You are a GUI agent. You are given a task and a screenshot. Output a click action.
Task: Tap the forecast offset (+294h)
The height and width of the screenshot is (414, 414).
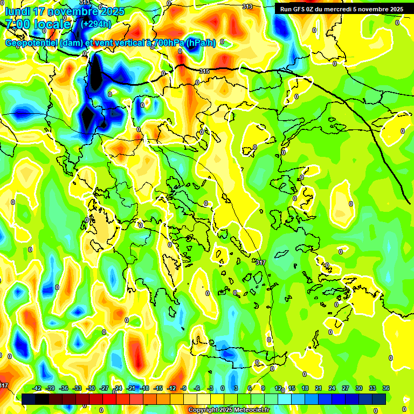click(96, 24)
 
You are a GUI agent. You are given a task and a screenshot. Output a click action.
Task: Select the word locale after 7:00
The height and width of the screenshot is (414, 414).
click(52, 24)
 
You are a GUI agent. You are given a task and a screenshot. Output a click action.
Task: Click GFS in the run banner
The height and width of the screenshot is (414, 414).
click(300, 9)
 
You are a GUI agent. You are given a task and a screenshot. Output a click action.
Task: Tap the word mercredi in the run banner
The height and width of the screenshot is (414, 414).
click(341, 9)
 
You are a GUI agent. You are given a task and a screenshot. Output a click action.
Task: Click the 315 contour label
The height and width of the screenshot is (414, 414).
click(204, 72)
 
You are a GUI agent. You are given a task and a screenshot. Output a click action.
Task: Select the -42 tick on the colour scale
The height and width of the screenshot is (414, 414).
click(37, 389)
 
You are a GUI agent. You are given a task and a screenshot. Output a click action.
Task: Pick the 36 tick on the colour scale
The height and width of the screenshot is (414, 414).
click(386, 389)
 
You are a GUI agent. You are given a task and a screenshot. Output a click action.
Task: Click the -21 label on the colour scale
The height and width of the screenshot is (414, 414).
click(131, 389)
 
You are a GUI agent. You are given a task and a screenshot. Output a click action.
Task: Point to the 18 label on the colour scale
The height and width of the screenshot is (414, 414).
click(305, 389)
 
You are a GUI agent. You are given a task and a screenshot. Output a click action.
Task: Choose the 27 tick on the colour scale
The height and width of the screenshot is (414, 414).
click(346, 389)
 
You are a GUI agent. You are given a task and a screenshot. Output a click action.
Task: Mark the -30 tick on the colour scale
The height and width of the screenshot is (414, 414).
click(91, 389)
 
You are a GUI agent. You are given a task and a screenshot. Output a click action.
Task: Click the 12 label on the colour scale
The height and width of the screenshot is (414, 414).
click(278, 389)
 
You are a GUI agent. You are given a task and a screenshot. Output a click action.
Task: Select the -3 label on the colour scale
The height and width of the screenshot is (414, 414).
click(211, 389)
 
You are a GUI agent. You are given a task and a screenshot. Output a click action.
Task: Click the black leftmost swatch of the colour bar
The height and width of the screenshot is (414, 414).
click(28, 399)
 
